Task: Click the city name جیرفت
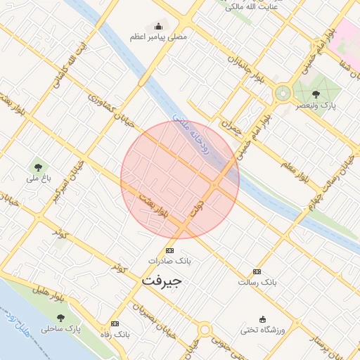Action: click(162, 280)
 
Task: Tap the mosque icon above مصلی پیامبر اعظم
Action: click(155, 25)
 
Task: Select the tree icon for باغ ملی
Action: click(37, 167)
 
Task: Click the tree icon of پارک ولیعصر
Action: click(314, 93)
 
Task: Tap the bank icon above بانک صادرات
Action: click(169, 251)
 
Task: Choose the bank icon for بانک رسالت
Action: click(257, 271)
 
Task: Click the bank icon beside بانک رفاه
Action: click(115, 323)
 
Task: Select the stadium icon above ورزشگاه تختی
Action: click(263, 319)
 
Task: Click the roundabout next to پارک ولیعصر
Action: click(283, 92)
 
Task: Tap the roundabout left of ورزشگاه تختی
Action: click(205, 329)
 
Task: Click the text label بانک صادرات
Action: click(169, 261)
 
